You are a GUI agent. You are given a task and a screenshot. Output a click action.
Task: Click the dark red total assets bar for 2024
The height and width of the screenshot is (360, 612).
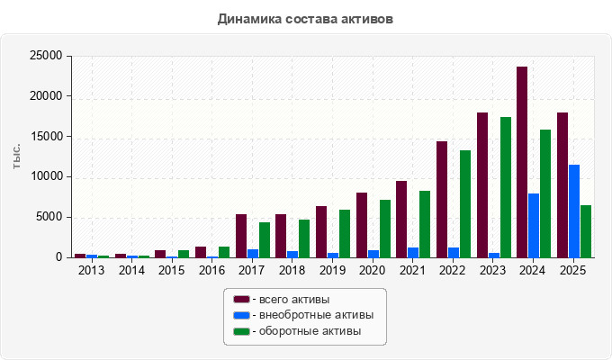coord(522,162)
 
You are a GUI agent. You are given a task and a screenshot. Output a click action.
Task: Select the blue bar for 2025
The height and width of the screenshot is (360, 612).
coord(574,211)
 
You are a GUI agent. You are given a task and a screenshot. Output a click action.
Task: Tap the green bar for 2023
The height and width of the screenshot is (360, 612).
coord(506,187)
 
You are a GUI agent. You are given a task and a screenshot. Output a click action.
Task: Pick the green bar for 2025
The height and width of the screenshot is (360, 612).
coord(586,231)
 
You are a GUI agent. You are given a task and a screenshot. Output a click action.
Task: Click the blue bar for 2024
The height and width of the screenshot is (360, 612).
coord(534,226)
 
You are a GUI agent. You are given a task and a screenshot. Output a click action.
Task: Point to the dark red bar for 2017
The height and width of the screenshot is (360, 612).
coord(241,236)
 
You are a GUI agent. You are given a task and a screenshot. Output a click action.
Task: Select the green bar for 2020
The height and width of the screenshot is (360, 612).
coord(385,229)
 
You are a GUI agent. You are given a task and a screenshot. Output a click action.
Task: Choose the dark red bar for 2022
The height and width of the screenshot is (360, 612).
coord(442,200)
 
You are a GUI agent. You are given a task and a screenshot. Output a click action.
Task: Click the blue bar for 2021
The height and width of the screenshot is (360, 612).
coord(413,253)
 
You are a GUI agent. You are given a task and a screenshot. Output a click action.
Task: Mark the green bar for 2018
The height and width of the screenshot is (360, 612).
coord(304,238)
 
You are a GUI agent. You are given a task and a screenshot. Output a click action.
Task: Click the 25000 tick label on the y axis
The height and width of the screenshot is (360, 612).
coord(46,56)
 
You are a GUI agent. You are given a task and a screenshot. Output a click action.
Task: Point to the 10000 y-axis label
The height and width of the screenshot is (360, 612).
coord(46,176)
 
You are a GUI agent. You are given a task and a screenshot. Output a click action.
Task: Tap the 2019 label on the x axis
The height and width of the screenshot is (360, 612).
coord(332,271)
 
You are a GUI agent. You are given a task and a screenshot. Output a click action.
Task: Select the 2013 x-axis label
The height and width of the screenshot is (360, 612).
coord(91,271)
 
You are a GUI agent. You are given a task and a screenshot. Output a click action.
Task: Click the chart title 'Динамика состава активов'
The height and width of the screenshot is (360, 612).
coord(305,19)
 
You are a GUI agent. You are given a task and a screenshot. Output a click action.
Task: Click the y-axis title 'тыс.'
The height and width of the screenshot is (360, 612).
coord(16,157)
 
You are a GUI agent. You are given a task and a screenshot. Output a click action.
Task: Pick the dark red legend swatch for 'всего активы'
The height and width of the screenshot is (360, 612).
coord(241,300)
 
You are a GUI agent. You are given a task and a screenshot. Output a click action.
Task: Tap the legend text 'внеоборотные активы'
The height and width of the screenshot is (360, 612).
coord(317,315)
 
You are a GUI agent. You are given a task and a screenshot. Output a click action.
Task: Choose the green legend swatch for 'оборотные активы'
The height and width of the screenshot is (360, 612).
coord(241,331)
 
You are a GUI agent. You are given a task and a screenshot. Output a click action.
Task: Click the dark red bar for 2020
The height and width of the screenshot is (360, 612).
coord(362,225)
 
